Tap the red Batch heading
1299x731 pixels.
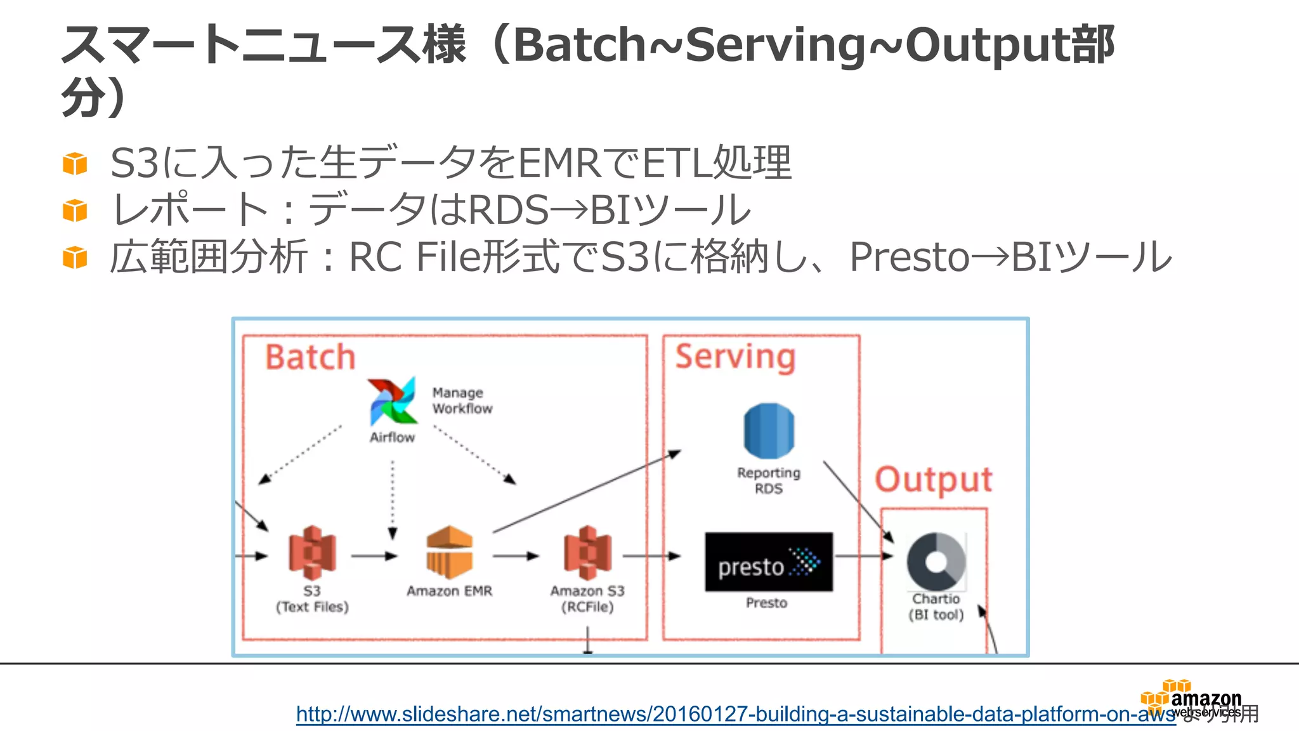tap(310, 357)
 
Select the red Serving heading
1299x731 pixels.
tap(735, 357)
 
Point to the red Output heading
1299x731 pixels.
tap(933, 480)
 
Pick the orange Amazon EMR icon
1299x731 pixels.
tap(450, 552)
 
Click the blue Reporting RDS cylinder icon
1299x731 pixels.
tap(769, 431)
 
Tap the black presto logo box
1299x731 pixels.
tap(769, 562)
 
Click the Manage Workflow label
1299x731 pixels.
tap(462, 401)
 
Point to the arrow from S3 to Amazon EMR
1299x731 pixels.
tap(374, 556)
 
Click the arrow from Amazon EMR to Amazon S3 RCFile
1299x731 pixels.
tap(515, 556)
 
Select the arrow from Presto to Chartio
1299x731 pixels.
tap(863, 556)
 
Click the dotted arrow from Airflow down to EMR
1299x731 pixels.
tap(393, 499)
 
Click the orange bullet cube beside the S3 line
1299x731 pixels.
tap(75, 164)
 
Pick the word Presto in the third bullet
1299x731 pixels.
tap(910, 258)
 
